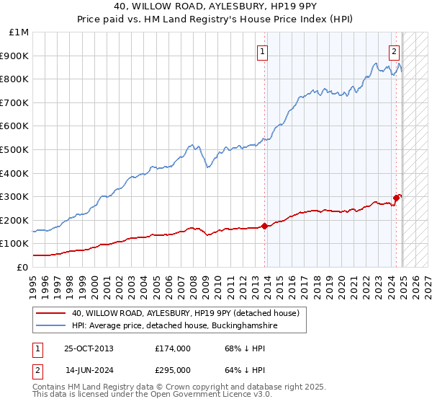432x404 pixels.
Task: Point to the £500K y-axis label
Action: [x=15, y=150]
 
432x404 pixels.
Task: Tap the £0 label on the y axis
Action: [x=23, y=267]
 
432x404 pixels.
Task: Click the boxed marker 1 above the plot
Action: [x=264, y=51]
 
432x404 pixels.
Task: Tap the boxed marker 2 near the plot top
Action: [x=395, y=51]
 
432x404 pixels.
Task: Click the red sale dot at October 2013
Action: [x=264, y=226]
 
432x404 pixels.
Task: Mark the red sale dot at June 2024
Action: [x=396, y=198]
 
